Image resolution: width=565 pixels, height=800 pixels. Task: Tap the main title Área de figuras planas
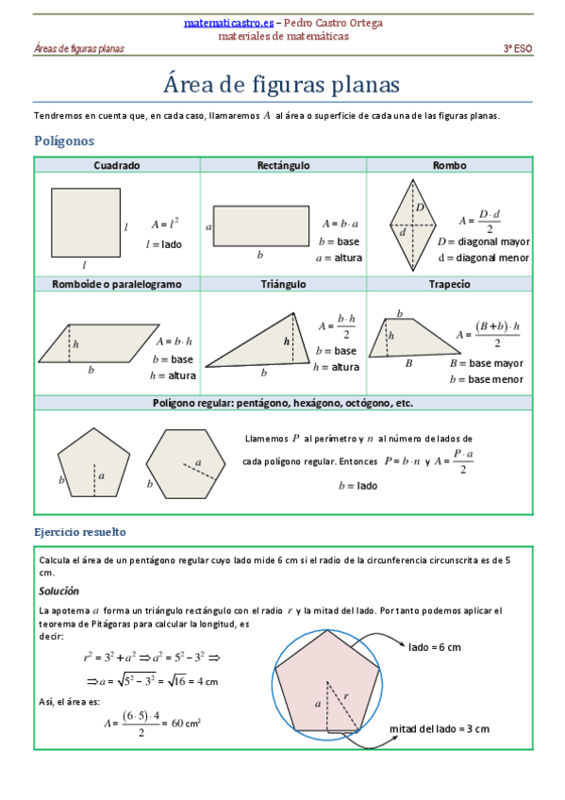pyautogui.click(x=282, y=84)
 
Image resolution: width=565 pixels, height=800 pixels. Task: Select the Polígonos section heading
pyautogui.click(x=64, y=141)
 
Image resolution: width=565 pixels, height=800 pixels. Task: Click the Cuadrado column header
pyautogui.click(x=117, y=165)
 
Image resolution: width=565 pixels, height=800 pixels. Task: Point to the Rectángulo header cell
pyautogui.click(x=283, y=165)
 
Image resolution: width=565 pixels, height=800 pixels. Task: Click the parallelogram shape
pyautogui.click(x=99, y=343)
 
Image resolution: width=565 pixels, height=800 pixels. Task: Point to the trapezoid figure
pyautogui.click(x=407, y=339)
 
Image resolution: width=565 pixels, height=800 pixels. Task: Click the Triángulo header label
pyautogui.click(x=283, y=283)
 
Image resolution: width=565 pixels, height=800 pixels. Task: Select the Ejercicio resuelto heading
pyautogui.click(x=80, y=532)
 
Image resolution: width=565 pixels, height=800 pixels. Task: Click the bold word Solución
pyautogui.click(x=58, y=591)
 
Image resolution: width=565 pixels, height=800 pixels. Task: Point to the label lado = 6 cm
pyautogui.click(x=435, y=647)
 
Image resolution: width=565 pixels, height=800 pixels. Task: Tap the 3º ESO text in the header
pyautogui.click(x=517, y=48)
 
